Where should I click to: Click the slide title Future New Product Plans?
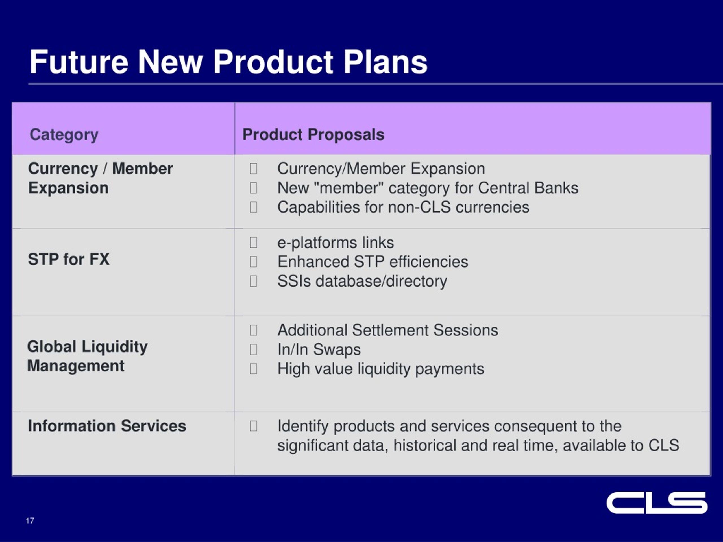tap(228, 62)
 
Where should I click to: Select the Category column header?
tap(64, 135)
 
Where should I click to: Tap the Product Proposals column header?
tap(313, 135)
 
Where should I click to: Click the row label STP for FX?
tap(69, 259)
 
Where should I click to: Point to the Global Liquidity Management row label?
tap(87, 356)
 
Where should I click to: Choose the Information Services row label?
tap(107, 426)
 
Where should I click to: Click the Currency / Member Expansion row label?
tap(100, 178)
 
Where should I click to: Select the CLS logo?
tap(657, 503)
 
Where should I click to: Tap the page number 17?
tap(30, 521)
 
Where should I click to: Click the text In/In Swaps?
tap(319, 349)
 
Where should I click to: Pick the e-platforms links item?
tap(336, 243)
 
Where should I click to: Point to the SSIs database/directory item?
tap(362, 281)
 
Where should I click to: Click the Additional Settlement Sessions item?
tap(388, 330)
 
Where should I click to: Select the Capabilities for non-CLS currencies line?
tap(403, 207)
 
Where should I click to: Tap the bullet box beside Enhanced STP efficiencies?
tap(253, 262)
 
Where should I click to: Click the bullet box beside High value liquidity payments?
tap(253, 368)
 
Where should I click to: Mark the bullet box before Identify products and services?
tap(253, 426)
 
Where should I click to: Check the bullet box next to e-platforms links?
tap(253, 242)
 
